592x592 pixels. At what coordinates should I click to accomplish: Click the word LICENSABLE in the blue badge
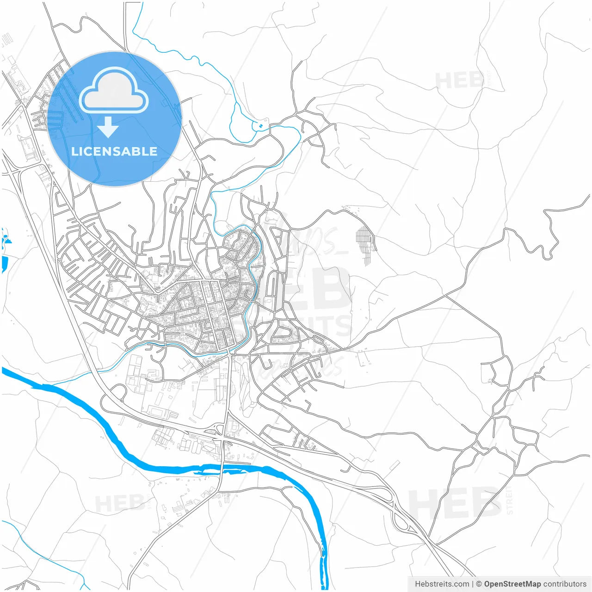tap(114, 152)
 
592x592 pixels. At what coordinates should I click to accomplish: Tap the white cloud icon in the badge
tap(114, 90)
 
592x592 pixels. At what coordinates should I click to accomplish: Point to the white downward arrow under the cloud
tap(108, 127)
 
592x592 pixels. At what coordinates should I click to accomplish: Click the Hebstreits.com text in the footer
tap(442, 584)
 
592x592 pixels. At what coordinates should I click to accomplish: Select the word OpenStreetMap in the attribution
tap(512, 584)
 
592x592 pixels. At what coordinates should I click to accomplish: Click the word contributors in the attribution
tap(565, 584)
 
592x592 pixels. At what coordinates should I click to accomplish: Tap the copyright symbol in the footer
tap(479, 584)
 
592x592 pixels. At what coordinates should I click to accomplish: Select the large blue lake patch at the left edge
tap(4, 264)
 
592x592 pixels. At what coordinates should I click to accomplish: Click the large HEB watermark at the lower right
tap(456, 504)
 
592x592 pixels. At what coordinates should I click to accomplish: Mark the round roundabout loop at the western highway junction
tap(118, 392)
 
